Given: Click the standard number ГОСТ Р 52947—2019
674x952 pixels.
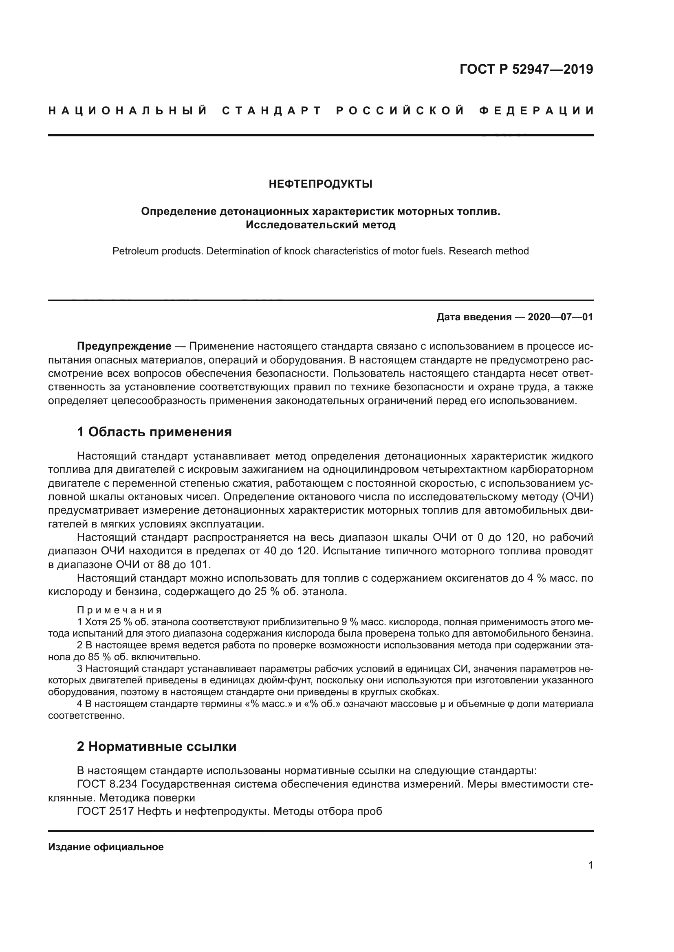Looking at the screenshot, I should (526, 69).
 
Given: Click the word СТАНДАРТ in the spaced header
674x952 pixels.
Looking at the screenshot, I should (272, 111).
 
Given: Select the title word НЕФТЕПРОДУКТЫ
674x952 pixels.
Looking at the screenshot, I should (320, 184).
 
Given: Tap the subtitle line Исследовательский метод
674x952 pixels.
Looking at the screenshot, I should (320, 225).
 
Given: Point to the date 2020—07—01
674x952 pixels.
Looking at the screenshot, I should (560, 317).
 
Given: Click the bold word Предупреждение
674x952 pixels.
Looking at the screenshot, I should (124, 346).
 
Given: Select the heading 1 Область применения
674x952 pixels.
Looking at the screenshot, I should (154, 432).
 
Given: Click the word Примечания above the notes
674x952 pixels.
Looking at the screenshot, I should (119, 610).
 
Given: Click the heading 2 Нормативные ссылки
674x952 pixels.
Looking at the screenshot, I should (156, 747).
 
